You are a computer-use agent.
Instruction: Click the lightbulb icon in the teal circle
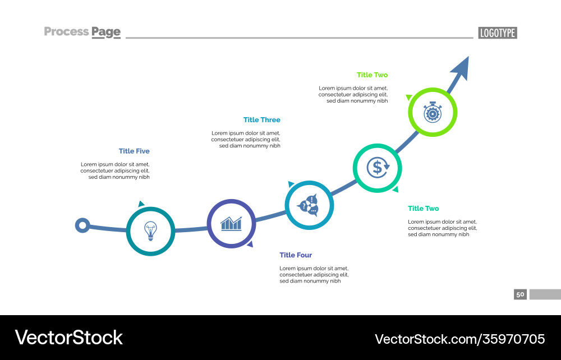pos(150,230)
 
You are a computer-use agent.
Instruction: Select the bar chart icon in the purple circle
pos(231,224)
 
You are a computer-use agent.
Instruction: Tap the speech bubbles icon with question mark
pos(309,205)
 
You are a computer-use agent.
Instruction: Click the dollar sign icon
pos(377,167)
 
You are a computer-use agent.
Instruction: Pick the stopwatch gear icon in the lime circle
pos(433,112)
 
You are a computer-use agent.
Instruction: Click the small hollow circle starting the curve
pos(82,225)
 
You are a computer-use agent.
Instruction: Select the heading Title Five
pos(134,151)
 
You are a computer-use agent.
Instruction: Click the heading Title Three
pos(261,119)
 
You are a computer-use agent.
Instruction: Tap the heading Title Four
pos(296,255)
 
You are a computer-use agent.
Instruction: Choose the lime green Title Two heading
pos(372,75)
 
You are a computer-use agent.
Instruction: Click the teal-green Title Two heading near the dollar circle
pos(423,209)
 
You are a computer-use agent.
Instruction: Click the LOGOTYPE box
pos(498,33)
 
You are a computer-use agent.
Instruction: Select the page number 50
pos(520,294)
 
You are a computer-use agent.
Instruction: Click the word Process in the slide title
pos(66,31)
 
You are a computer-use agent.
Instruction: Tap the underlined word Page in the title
pos(107,32)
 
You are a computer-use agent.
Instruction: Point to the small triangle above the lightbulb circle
pos(141,204)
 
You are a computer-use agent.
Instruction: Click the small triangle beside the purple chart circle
pos(250,244)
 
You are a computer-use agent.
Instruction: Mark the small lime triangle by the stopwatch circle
pos(409,97)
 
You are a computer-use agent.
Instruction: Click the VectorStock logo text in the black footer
pos(68,338)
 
